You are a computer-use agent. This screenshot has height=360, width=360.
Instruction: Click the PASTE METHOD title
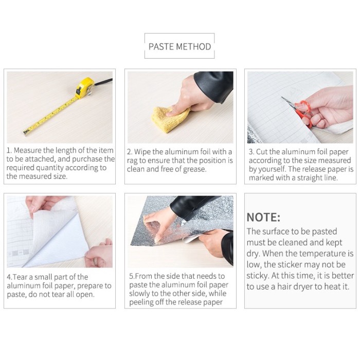[179, 47]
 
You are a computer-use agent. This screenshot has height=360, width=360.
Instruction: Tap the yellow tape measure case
[85, 88]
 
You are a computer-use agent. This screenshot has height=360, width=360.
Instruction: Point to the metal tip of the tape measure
[26, 132]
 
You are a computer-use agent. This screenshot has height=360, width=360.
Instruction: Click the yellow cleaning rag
[170, 119]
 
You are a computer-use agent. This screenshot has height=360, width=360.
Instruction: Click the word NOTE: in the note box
[263, 217]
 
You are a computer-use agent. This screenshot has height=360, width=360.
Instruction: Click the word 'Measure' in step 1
[28, 150]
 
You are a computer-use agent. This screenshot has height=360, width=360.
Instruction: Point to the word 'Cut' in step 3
[261, 152]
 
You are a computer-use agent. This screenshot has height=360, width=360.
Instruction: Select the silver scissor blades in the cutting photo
[289, 103]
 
